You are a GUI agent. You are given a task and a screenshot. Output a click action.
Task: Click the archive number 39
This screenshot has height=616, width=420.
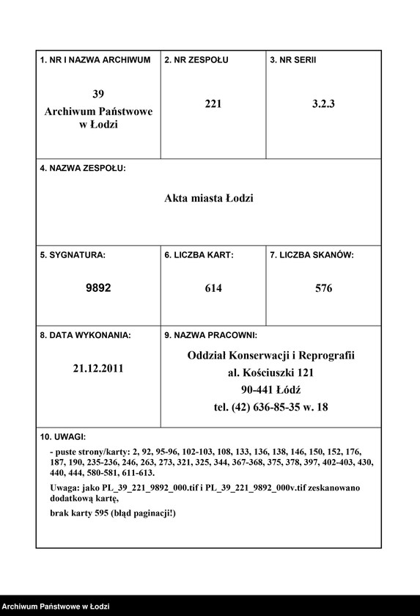tap(98, 94)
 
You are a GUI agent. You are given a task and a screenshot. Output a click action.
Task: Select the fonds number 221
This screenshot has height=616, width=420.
tap(213, 103)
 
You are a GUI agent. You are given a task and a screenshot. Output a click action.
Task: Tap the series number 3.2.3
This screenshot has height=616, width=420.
tap(323, 103)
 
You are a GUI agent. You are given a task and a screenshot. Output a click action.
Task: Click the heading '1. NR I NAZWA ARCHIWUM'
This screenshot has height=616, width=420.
tap(95, 59)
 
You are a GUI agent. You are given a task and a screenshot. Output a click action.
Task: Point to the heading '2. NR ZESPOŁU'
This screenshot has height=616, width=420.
tap(196, 59)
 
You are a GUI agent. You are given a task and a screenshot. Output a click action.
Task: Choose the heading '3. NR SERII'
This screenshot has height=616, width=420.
tap(293, 59)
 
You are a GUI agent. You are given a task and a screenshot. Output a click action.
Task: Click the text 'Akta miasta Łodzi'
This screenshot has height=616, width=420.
tap(209, 199)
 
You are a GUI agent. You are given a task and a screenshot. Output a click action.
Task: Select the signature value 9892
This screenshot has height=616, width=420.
tap(98, 288)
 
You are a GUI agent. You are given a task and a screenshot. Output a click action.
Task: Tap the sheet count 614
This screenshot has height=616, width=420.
tap(213, 288)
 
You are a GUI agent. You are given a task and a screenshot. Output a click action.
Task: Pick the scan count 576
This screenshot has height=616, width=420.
tap(323, 288)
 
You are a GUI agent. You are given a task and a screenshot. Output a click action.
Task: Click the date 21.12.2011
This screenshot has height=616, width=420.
tap(98, 368)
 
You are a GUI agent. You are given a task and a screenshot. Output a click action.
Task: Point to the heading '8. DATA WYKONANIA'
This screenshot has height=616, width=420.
tap(85, 335)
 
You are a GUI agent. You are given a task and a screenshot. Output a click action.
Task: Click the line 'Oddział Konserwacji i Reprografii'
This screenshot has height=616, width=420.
tap(270, 356)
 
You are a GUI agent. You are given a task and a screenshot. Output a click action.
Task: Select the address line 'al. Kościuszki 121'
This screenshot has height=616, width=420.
tap(270, 373)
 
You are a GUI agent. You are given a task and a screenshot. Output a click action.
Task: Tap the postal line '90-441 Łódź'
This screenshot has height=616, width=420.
tap(270, 389)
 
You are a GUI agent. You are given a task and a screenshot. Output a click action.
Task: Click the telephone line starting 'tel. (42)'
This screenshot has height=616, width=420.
tap(270, 407)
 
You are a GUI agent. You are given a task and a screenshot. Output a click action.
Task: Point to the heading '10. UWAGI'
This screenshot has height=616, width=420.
tap(63, 436)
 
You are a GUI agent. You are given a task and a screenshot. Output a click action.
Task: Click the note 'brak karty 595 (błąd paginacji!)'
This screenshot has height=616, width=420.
tap(113, 513)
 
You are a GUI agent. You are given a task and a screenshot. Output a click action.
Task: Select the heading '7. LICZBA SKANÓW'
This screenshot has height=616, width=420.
tap(312, 255)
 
